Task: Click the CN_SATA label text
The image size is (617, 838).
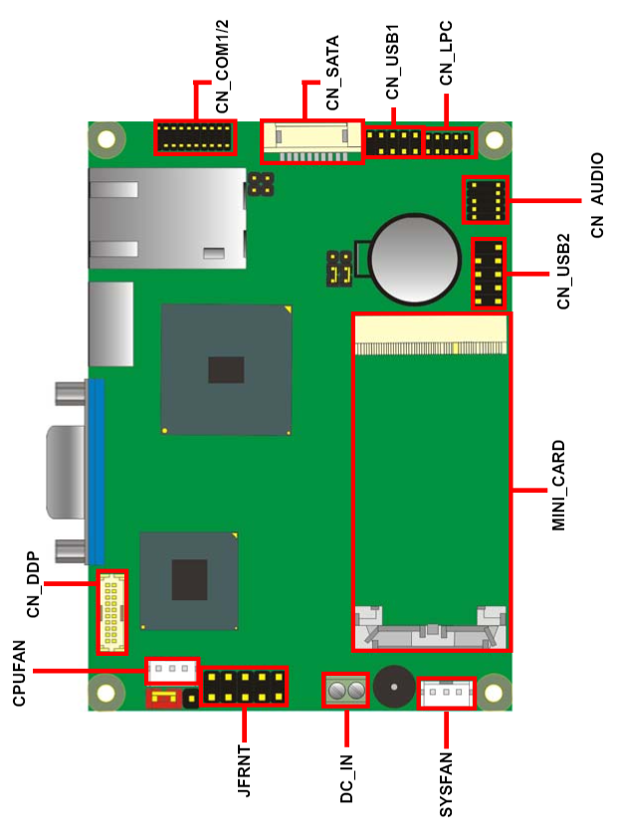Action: click(332, 73)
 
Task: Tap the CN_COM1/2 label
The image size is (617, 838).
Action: click(222, 67)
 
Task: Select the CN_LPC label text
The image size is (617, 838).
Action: click(446, 53)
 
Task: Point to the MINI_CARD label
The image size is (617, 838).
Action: click(558, 486)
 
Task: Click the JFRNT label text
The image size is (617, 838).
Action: click(244, 770)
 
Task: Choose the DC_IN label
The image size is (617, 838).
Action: click(346, 778)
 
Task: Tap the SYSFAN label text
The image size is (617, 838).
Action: click(446, 784)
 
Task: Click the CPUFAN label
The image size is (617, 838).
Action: click(19, 674)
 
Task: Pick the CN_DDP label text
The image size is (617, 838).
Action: click(33, 584)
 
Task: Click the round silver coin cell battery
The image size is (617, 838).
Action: click(415, 259)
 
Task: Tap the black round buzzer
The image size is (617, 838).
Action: click(394, 686)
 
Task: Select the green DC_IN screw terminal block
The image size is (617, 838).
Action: click(345, 691)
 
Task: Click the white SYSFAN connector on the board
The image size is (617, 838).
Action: click(446, 693)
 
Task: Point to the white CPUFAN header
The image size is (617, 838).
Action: click(172, 670)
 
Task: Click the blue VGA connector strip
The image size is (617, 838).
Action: click(96, 472)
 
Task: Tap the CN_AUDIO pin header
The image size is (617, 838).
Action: click(485, 200)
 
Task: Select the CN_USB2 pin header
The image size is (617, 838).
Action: click(489, 273)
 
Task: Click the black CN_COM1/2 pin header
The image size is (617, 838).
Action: click(195, 137)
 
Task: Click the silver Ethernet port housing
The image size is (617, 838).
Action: click(167, 218)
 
